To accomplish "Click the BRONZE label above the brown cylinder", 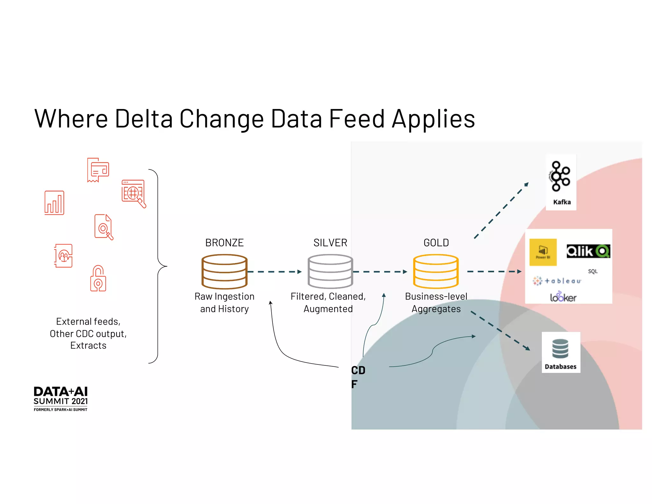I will [x=224, y=243].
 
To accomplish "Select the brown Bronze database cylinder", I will [x=224, y=271].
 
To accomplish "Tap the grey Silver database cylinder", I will [x=330, y=271].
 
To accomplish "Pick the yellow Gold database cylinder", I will [x=436, y=271].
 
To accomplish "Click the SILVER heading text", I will [x=330, y=243].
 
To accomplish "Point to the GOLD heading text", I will [x=436, y=243].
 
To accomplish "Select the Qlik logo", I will [x=588, y=251].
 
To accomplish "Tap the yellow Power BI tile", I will [x=543, y=252].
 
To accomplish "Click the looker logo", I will [x=563, y=297].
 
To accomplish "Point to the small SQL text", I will [x=592, y=271].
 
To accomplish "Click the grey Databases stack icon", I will [x=560, y=349].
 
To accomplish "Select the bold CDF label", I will [x=358, y=377].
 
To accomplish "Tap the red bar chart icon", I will [x=54, y=203].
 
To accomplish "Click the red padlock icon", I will [x=98, y=279].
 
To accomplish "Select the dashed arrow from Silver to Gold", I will [x=380, y=272].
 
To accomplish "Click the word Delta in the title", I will [x=144, y=119].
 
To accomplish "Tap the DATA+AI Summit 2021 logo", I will [x=60, y=399].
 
